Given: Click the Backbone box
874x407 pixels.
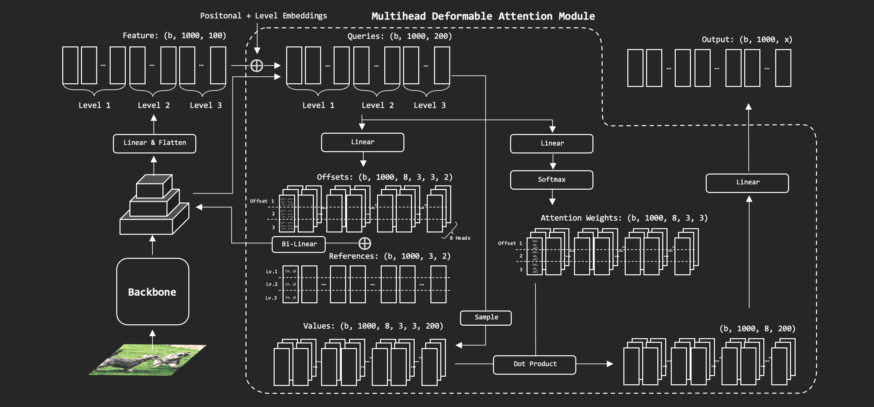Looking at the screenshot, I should pos(152,292).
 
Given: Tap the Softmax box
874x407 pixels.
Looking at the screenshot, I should pos(551,180).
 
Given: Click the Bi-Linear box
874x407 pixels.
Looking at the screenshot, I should pos(299,244).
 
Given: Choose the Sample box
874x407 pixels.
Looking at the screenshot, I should pos(485,318).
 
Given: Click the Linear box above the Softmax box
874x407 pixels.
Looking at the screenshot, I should pos(551,144).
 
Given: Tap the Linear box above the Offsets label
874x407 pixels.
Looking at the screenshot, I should pos(362,143).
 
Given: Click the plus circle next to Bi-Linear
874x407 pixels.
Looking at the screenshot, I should pos(365,243).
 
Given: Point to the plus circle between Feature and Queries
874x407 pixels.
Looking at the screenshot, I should pos(257,66).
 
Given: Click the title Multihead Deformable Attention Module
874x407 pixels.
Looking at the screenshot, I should pos(483,16).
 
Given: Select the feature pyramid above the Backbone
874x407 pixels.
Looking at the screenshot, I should pos(154,205).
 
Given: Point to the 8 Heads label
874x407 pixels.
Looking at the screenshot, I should pos(460,238).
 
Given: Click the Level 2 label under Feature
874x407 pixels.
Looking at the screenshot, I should pos(153,105).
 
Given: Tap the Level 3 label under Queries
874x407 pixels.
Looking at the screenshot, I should pos(429,105).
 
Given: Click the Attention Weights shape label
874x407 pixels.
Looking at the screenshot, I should pos(624,218).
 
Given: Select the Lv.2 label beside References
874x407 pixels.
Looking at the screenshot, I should pos(271,284).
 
